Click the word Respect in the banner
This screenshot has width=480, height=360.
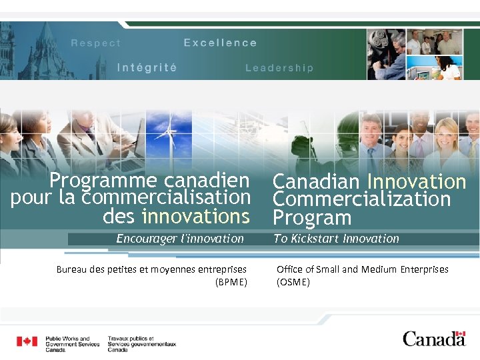[96, 43]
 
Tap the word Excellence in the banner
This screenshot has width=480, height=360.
[220, 43]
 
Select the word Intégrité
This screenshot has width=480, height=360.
[147, 67]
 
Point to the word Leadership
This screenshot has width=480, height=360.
[279, 68]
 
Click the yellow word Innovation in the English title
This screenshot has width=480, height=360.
[416, 181]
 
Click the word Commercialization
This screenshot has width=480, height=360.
[361, 199]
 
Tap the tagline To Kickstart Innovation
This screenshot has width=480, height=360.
[336, 239]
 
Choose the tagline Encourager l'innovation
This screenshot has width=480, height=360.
[180, 239]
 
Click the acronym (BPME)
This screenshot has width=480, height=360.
[231, 282]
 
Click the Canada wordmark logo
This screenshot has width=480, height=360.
[433, 339]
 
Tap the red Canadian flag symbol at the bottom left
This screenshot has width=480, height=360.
[27, 341]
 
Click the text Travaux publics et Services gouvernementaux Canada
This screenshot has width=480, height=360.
[141, 344]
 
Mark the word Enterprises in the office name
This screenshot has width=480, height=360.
[424, 269]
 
